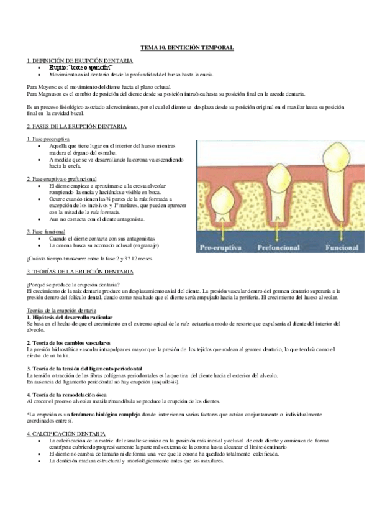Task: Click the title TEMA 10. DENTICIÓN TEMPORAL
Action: click(x=186, y=48)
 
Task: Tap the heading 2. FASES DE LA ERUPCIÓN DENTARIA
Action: click(x=77, y=127)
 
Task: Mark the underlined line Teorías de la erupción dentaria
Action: click(x=61, y=311)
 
